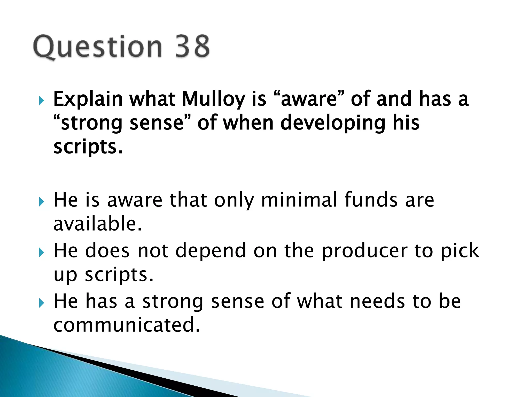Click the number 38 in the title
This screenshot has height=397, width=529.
(192, 47)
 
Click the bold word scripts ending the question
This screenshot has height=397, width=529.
(88, 147)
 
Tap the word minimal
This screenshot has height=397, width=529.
(299, 200)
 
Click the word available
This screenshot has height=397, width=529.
(98, 224)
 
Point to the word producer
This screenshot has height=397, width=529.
(364, 250)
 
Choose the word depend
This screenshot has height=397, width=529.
(211, 250)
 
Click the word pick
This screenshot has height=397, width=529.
(460, 250)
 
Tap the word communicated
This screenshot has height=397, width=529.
(127, 325)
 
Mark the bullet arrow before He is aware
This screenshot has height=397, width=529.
(42, 202)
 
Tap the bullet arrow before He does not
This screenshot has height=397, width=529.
(42, 252)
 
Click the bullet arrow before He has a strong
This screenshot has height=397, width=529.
(42, 303)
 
